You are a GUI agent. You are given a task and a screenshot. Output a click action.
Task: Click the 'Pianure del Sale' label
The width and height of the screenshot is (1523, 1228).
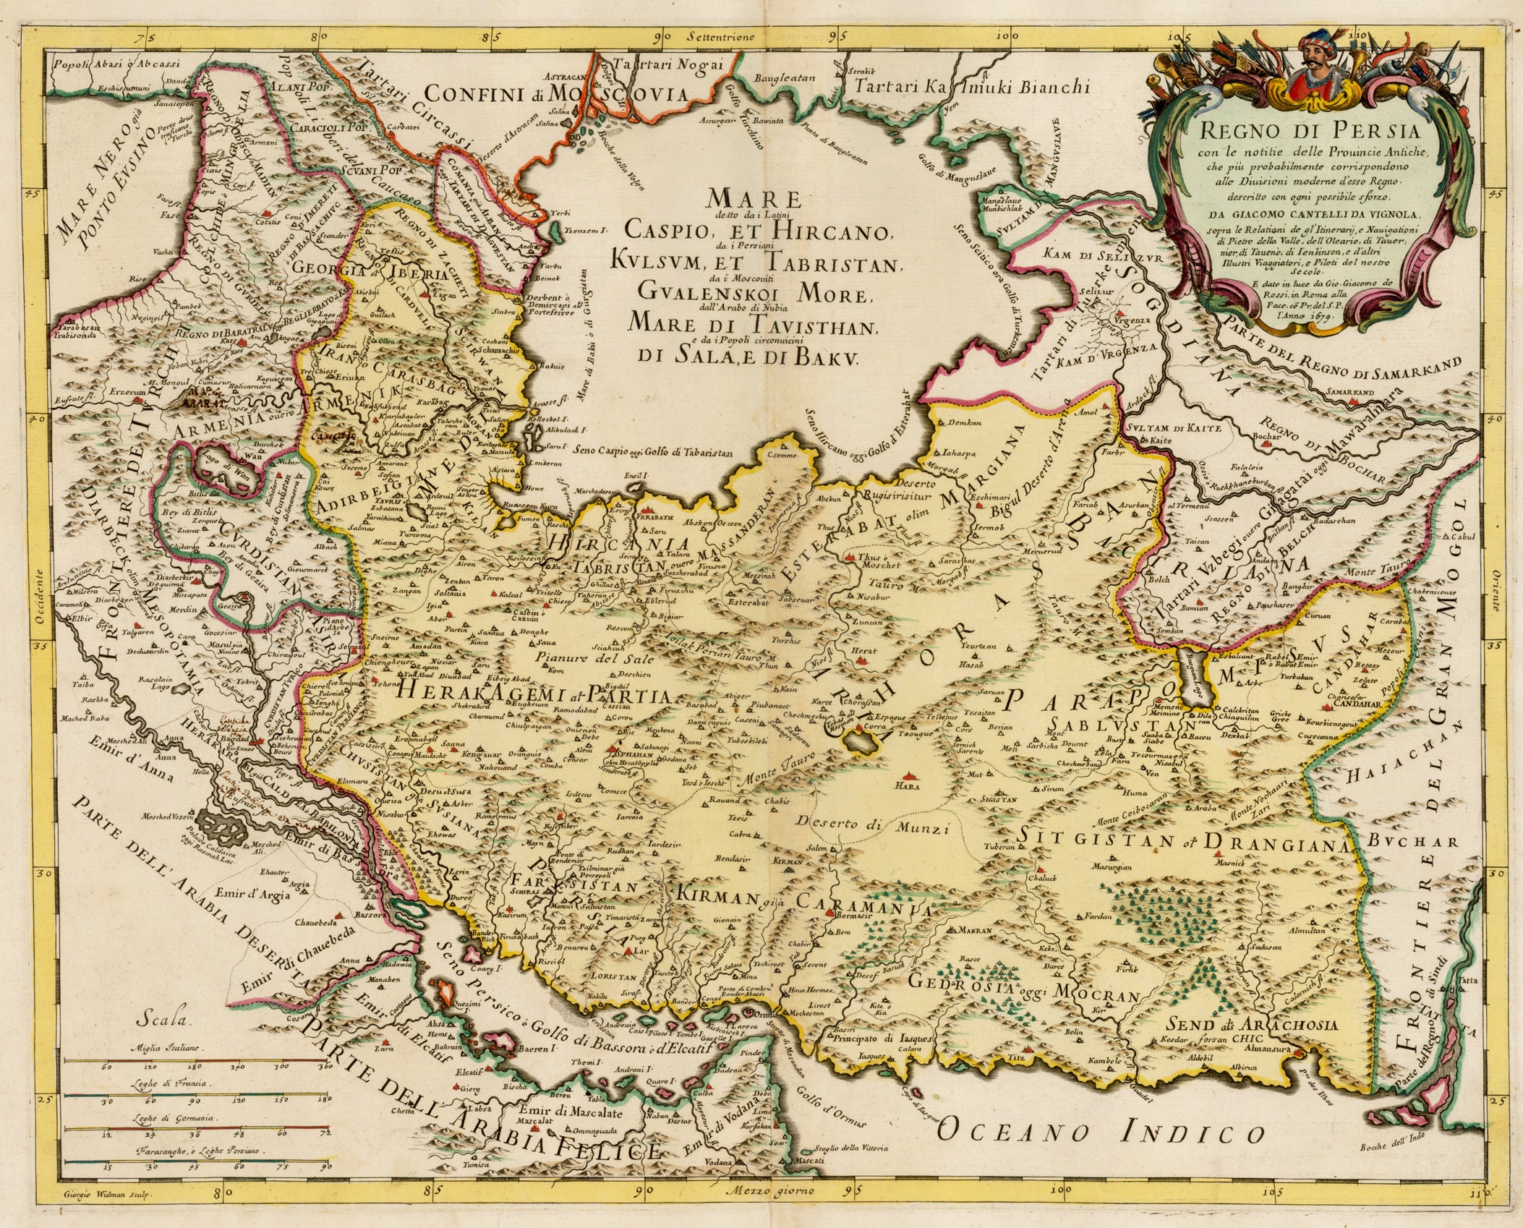pos(595,659)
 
